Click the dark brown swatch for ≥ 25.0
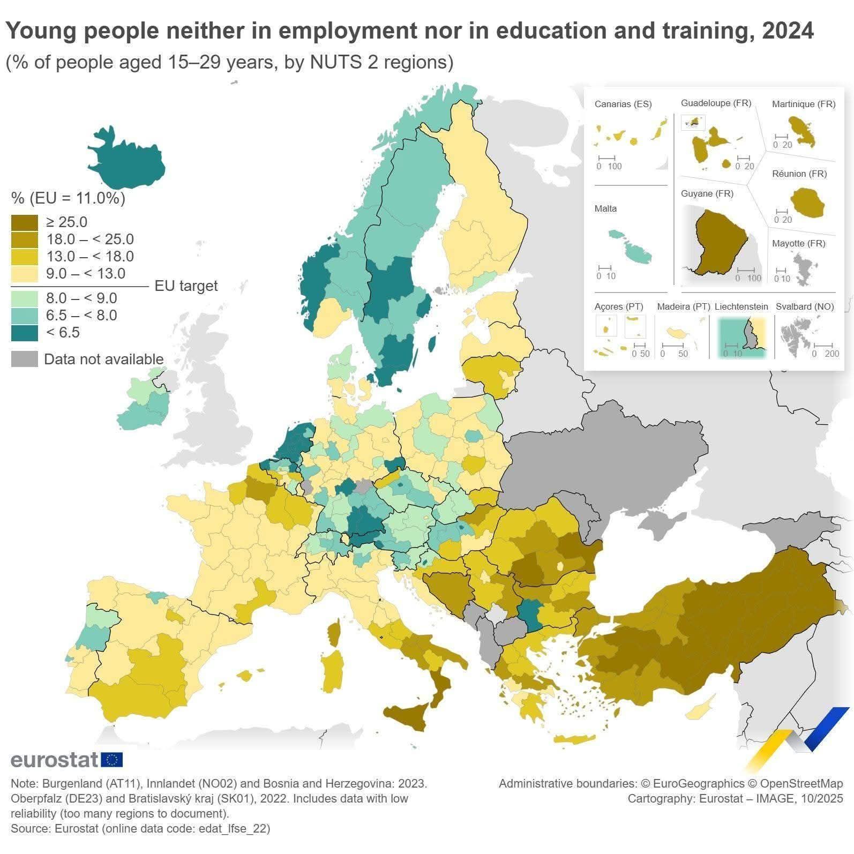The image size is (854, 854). [x=24, y=222]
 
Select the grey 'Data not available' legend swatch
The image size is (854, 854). [x=24, y=359]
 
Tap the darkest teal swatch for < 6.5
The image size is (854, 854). [x=24, y=333]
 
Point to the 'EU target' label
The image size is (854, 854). [x=186, y=286]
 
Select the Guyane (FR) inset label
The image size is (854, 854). [x=707, y=193]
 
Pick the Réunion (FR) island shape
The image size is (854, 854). [x=807, y=203]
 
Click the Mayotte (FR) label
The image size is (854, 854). [x=798, y=243]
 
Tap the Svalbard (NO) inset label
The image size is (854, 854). [x=805, y=306]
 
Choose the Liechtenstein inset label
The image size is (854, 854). [x=741, y=306]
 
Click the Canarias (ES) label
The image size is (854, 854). [x=623, y=104]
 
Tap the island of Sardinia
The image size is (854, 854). [x=333, y=670]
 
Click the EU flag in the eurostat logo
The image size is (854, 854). [x=111, y=759]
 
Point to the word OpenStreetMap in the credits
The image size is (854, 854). [x=801, y=783]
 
